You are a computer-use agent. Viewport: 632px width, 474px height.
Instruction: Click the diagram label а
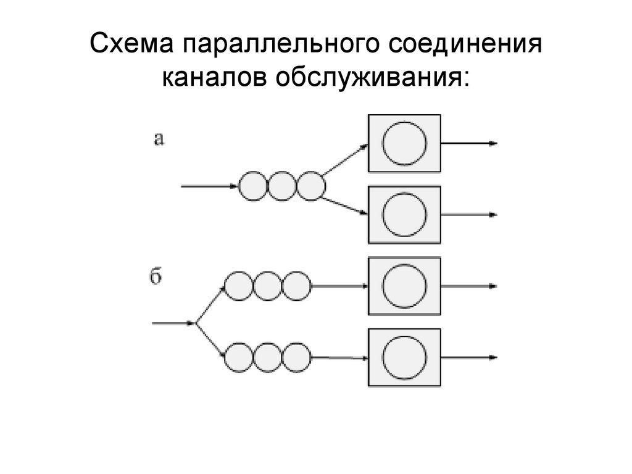[159, 139]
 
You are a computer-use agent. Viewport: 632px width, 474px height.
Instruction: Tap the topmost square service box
[404, 143]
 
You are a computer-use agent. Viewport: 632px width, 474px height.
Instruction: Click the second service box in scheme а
[404, 215]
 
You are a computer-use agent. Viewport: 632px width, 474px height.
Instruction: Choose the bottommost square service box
[404, 357]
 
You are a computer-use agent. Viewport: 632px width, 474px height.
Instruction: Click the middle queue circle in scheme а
[281, 186]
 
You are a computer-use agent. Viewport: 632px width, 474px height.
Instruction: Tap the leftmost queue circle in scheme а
[252, 186]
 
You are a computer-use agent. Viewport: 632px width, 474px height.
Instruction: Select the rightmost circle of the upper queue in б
[297, 286]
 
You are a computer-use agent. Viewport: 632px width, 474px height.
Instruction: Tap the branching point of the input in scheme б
[196, 322]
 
